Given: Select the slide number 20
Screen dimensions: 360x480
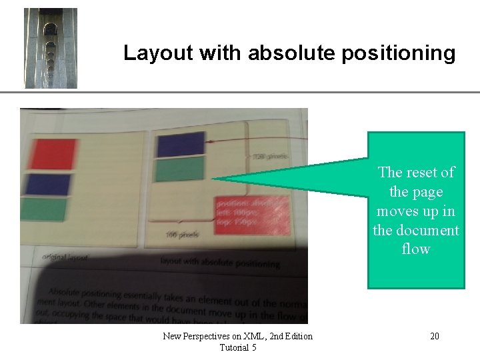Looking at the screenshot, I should [x=434, y=336].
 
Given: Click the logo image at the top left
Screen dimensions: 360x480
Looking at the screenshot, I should [x=51, y=48].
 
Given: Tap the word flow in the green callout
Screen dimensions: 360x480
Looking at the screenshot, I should [x=416, y=249].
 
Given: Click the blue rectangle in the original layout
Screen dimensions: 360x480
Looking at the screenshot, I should [x=46, y=185].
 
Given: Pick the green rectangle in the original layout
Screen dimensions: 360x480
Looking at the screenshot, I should [x=44, y=210].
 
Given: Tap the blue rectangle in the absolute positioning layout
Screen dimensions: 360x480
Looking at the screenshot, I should [x=180, y=144].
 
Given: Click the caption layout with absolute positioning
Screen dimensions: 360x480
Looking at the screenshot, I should [x=219, y=263].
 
